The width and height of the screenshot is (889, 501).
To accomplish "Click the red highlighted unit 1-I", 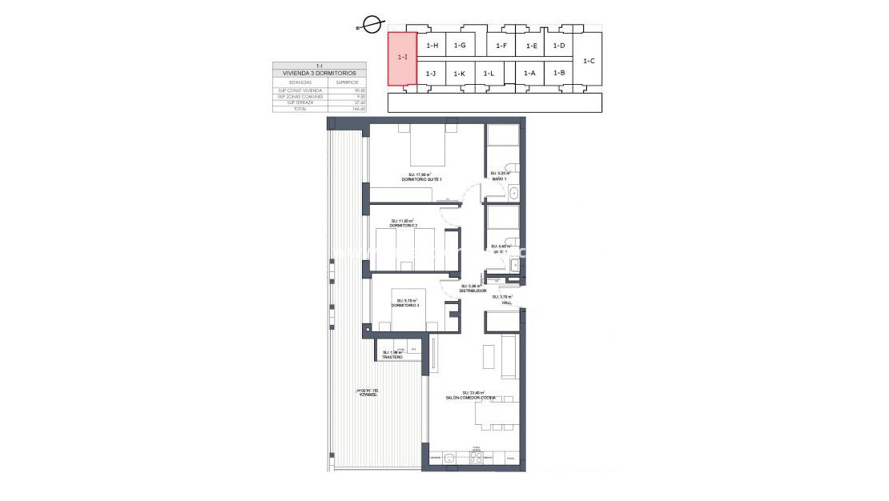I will click(402, 58).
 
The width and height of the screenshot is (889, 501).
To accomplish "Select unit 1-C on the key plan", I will click(589, 60).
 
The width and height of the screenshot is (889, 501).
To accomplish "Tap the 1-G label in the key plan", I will click(460, 46).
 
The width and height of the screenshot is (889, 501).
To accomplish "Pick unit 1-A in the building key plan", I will click(529, 74).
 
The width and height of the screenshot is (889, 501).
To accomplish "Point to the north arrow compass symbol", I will click(370, 26).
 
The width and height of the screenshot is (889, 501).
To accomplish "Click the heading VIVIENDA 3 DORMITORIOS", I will click(320, 73).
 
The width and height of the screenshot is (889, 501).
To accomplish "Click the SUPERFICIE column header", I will click(347, 82).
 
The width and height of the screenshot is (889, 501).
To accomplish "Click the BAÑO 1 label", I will click(499, 178).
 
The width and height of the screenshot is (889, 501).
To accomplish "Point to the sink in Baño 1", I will click(514, 193).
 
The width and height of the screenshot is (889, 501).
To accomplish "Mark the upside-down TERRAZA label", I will click(367, 395).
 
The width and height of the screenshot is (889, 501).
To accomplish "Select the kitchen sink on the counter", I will click(450, 458).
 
